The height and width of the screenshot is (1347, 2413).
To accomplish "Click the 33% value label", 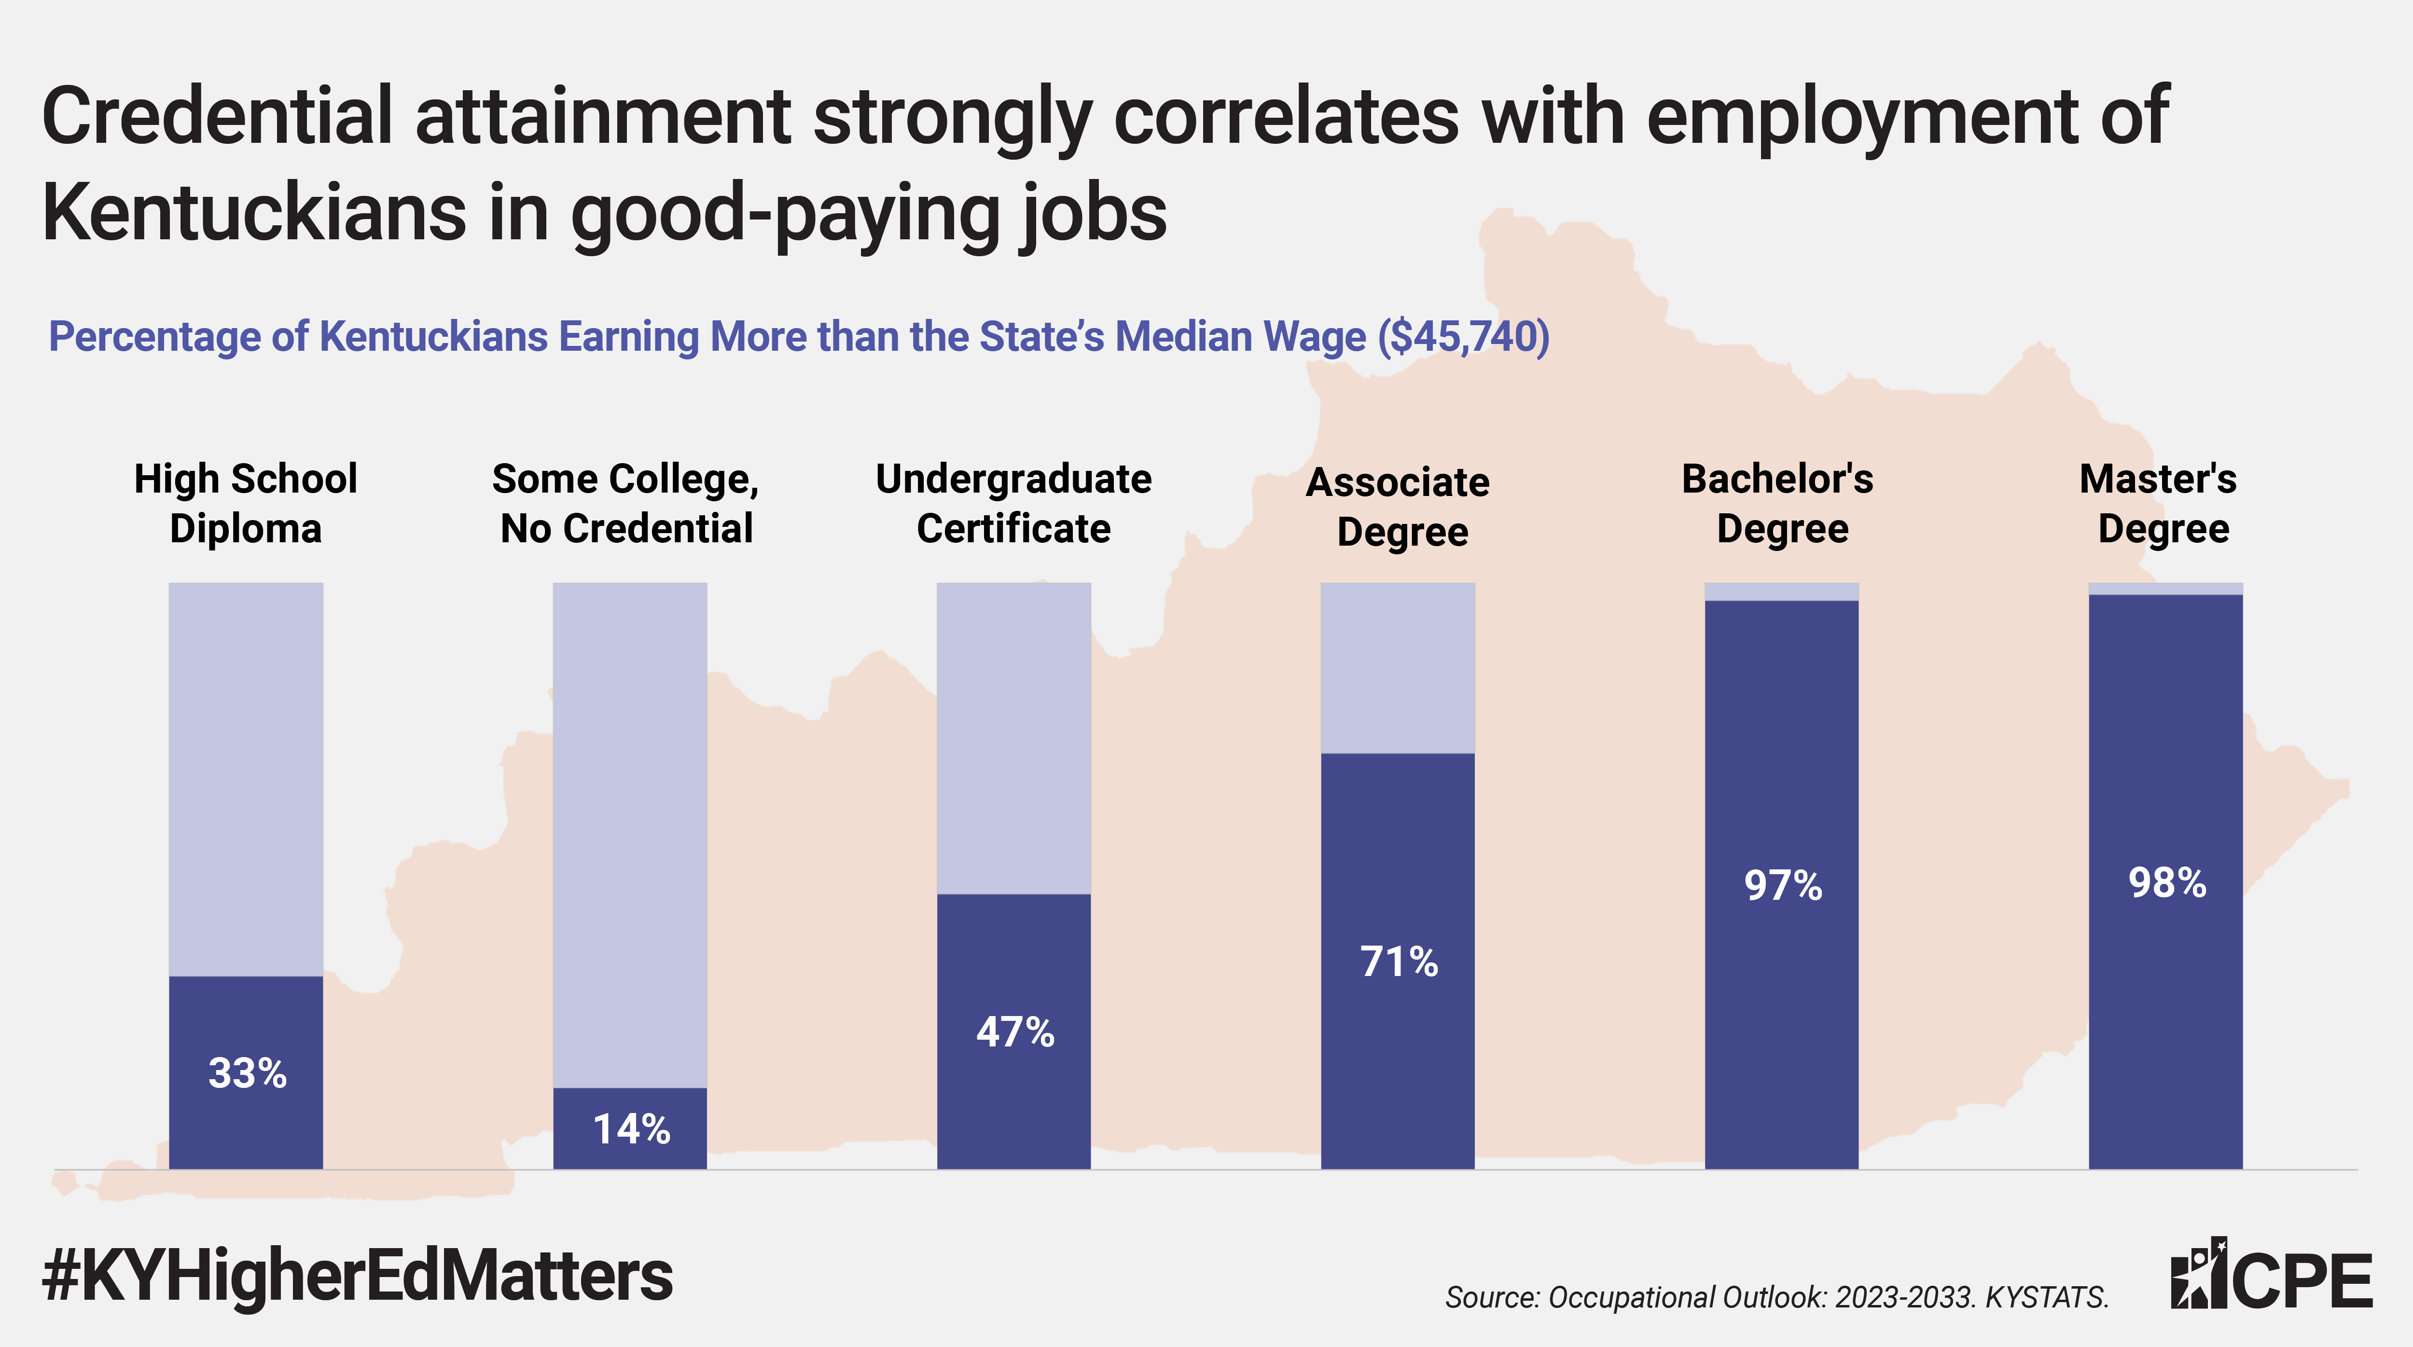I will (247, 1073).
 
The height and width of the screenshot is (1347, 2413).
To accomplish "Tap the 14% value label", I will (631, 1130).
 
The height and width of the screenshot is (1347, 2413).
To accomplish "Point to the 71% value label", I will (1399, 962).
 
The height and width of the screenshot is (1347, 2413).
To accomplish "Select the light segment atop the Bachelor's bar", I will (1782, 591).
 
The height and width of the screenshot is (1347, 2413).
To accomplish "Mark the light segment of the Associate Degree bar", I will (1398, 667).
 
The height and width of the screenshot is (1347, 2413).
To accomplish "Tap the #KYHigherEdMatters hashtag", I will (357, 1276).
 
